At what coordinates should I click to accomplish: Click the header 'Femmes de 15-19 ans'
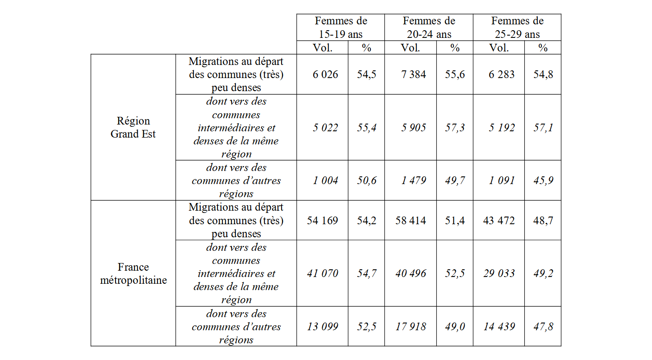coord(341,27)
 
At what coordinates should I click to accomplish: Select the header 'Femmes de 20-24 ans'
coord(429,27)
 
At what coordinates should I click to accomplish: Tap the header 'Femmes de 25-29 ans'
coord(517,27)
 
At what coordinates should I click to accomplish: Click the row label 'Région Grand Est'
coord(133,127)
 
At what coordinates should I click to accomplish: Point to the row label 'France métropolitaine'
coord(133,273)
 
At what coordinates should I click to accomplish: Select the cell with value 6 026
coord(325,74)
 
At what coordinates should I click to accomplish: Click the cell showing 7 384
coord(413,74)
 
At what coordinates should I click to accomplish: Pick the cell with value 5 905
coord(413,128)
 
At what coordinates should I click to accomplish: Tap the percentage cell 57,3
coord(455,128)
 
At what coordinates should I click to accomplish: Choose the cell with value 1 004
coord(325,180)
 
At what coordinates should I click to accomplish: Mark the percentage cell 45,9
coord(543,180)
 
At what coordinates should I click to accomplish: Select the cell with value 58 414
coord(411,221)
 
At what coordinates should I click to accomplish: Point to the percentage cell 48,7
coord(543,221)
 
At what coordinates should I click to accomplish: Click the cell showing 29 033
coord(499,273)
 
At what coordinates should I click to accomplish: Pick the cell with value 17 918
coord(411,327)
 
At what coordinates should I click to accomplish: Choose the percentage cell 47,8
coord(543,327)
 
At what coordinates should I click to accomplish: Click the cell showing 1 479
coord(413,180)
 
